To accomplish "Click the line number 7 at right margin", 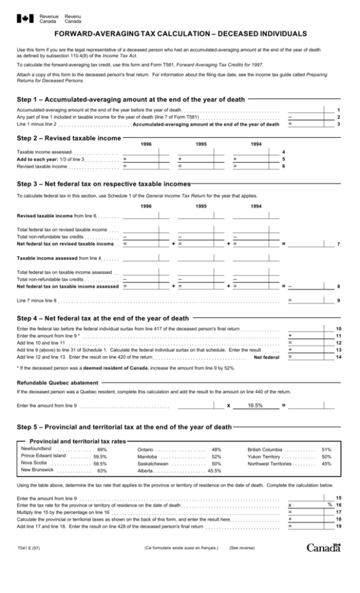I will click(x=339, y=243).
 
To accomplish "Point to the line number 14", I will click(x=339, y=357).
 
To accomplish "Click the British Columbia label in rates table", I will click(x=264, y=449).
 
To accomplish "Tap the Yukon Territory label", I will click(x=263, y=456).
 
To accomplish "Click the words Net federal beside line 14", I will click(x=266, y=357).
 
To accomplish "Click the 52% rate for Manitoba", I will click(x=217, y=456).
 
